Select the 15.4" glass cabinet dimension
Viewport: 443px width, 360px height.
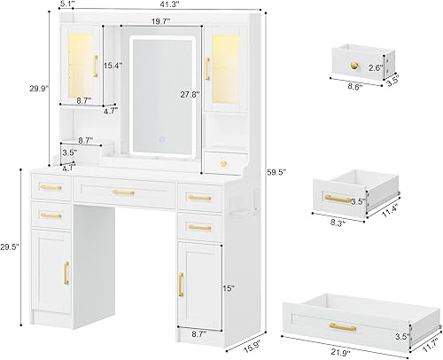[x=113, y=65]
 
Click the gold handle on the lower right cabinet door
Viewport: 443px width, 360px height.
[x=182, y=283]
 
